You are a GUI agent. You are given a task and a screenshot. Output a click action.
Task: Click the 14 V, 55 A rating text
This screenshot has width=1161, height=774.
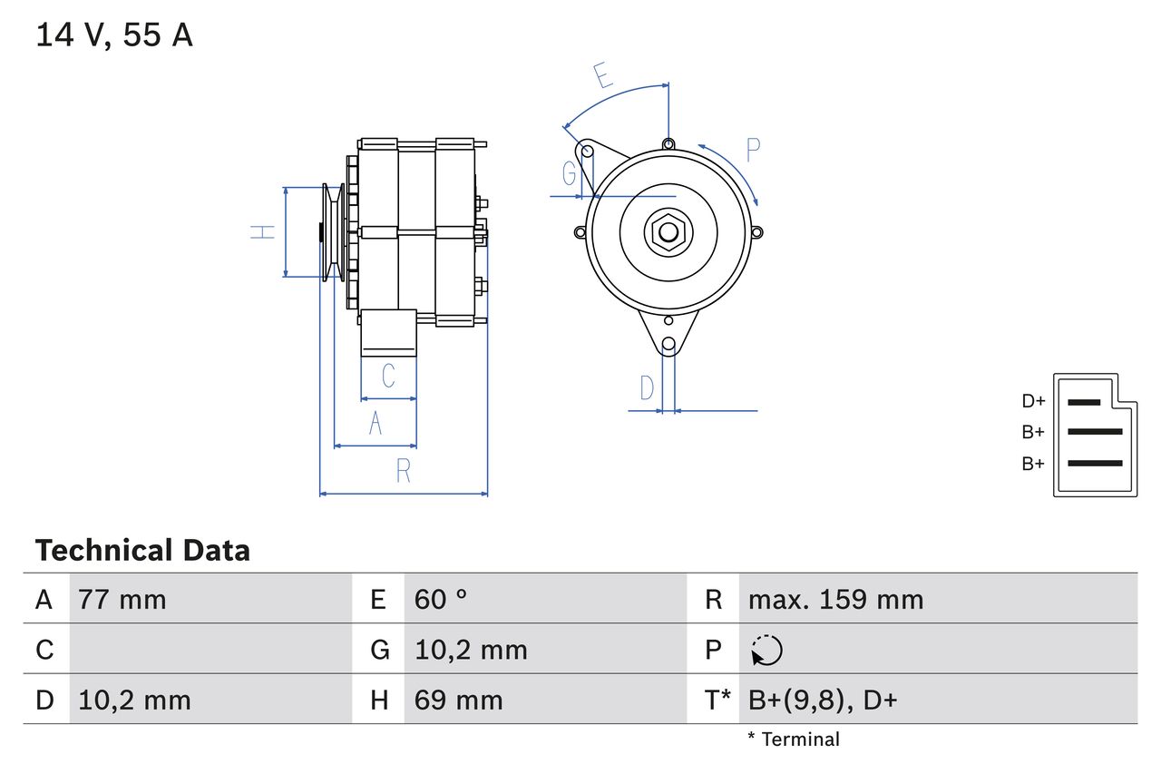tap(114, 35)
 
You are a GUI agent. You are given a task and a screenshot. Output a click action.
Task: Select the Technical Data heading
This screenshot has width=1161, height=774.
tap(142, 551)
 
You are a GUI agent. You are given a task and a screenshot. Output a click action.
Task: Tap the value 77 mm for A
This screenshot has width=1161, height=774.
tap(122, 600)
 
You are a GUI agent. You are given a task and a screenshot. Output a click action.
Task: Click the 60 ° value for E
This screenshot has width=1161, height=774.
tap(441, 600)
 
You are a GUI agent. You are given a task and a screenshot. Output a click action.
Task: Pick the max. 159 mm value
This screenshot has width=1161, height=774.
tap(835, 600)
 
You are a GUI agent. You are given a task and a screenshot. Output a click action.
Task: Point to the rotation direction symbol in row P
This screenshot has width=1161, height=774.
tap(766, 650)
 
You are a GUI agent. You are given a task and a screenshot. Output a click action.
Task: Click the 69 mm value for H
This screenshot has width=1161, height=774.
tap(458, 701)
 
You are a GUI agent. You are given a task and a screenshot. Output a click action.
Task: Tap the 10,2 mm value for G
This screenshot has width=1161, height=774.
tap(471, 650)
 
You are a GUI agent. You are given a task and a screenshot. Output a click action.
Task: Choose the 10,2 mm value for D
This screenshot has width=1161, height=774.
tap(134, 701)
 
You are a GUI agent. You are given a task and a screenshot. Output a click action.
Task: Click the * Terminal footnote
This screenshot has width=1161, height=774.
tap(794, 740)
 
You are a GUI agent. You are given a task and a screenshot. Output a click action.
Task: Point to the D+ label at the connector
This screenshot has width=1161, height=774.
tap(1033, 401)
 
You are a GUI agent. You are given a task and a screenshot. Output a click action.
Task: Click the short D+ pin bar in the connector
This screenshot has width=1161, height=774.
tap(1084, 401)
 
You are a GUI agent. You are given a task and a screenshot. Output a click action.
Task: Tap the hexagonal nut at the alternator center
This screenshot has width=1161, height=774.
tap(668, 231)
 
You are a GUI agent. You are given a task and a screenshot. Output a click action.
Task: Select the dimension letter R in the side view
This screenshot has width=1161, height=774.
tap(404, 471)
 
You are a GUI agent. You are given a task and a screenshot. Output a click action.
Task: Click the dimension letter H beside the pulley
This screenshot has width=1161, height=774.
tap(262, 231)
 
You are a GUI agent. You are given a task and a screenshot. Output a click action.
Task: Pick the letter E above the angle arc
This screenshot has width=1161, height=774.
tap(602, 76)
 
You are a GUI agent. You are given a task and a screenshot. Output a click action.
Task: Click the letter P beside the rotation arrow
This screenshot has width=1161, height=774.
tap(753, 150)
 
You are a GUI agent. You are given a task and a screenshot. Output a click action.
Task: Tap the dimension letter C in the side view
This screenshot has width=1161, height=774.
tap(388, 376)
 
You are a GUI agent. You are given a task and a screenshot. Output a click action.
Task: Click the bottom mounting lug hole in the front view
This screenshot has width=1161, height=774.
tap(668, 344)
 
